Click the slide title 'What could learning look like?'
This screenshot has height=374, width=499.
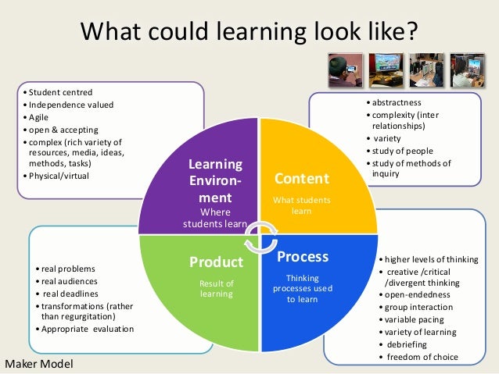pos(249,33)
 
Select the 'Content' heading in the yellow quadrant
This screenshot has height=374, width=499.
pos(301,179)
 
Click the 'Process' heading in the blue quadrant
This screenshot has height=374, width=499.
pos(303,256)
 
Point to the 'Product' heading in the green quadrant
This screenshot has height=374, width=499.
pos(217,261)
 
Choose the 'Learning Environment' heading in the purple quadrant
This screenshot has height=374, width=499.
pos(215,181)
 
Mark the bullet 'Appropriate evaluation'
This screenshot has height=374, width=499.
pos(88,329)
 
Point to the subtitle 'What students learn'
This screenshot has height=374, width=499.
pos(301,205)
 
